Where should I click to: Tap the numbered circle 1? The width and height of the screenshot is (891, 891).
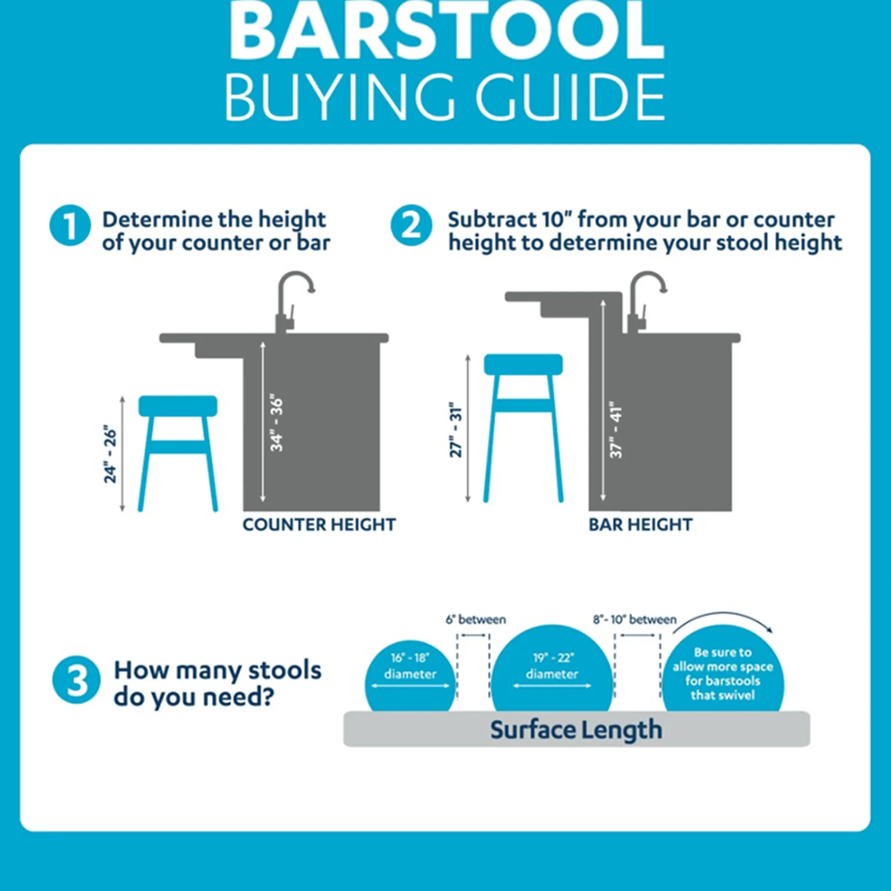[x=70, y=225]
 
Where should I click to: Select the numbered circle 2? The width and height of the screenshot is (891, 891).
[x=411, y=225]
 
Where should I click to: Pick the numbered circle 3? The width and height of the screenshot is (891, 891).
[x=76, y=680]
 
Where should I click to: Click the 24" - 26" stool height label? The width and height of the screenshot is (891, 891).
[x=110, y=454]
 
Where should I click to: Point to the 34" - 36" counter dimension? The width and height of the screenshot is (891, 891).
[x=276, y=423]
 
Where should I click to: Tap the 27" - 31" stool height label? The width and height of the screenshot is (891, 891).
[x=456, y=432]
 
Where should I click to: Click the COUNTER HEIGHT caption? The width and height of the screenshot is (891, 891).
[x=319, y=525]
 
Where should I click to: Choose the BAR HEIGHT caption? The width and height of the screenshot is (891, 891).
[x=640, y=525]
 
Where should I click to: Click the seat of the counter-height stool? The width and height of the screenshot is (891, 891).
[x=178, y=406]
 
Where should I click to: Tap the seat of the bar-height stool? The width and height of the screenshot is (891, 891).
[x=523, y=364]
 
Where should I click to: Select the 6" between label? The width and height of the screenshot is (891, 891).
[x=476, y=619]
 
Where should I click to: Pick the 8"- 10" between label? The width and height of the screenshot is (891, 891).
[x=634, y=619]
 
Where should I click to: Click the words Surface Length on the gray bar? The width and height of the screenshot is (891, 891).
[x=576, y=730]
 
